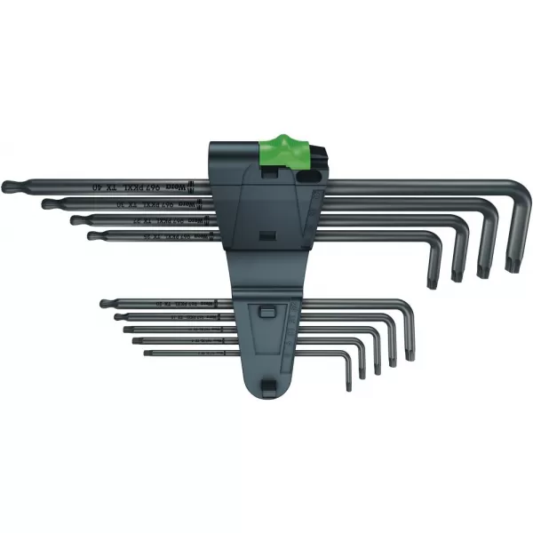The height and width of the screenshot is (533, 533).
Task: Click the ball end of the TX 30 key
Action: coord(45,203)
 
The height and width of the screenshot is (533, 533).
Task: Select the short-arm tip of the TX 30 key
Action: coord(484,269)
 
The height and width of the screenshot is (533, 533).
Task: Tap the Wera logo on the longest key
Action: coord(198,184)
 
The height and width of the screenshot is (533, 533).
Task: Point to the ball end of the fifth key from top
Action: coord(104,304)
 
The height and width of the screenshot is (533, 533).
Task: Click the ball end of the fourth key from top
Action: coord(91,235)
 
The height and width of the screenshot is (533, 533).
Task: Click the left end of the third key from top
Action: coord(75,219)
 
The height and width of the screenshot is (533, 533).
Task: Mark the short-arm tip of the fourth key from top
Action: coord(433,273)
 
